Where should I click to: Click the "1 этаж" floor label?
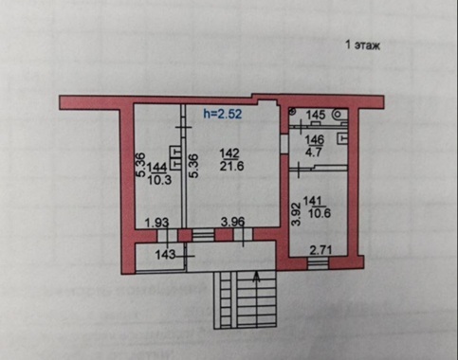(362, 45)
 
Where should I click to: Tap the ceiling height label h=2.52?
(223, 114)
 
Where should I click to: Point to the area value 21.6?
(232, 166)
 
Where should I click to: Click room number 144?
(159, 168)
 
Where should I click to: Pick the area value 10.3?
(159, 180)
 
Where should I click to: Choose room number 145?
(315, 115)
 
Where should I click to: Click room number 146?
(315, 139)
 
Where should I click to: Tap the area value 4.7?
(313, 152)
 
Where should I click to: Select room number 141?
(312, 201)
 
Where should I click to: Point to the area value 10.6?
(320, 213)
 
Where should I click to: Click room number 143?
(165, 254)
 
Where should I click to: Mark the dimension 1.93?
(156, 223)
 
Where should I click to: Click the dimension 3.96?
(232, 222)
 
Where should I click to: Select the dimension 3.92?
(296, 214)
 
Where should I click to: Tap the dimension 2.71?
(321, 250)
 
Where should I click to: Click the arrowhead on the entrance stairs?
(257, 277)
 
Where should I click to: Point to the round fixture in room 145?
(339, 114)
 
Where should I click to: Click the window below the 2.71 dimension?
(318, 263)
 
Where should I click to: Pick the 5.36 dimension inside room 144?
(141, 165)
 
